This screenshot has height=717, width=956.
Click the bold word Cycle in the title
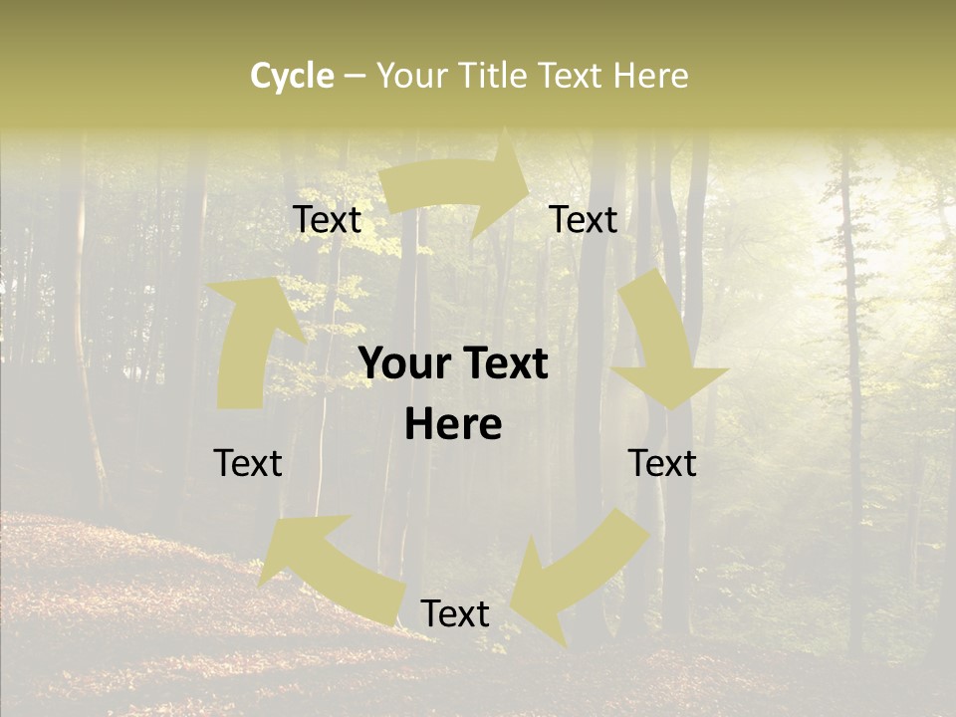point(292,76)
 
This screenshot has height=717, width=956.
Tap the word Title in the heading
point(496,76)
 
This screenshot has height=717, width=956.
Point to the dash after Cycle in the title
point(355,76)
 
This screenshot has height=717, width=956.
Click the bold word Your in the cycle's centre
point(403,364)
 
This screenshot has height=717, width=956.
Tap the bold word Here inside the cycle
point(453,425)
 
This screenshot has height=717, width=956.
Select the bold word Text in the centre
point(502,364)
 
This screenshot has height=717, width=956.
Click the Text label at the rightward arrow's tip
point(584,219)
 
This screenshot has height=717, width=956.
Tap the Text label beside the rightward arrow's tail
point(327,219)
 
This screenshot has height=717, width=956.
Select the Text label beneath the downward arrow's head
point(662,463)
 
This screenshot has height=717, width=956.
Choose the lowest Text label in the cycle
point(455,613)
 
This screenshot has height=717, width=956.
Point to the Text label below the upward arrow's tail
point(248,463)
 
